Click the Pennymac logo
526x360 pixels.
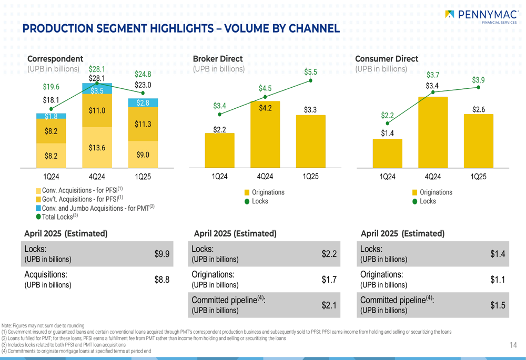[x=481, y=16]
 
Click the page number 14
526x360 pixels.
[x=513, y=345]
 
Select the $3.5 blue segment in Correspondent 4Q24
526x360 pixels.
[x=97, y=90]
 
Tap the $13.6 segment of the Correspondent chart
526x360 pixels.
[x=97, y=148]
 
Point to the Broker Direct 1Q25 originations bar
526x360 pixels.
[x=310, y=141]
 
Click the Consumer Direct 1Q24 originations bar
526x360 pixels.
[x=387, y=153]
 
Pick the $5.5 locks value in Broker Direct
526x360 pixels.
[x=310, y=72]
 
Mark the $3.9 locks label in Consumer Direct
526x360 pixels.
[x=478, y=80]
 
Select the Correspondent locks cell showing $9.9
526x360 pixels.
[x=161, y=254]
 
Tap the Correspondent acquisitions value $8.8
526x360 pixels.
[x=161, y=280]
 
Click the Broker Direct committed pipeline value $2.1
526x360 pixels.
[x=329, y=305]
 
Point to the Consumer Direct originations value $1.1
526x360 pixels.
[x=498, y=280]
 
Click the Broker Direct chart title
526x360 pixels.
[x=218, y=59]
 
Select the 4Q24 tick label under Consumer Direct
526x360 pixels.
[x=433, y=177]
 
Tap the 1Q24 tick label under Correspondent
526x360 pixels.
[x=51, y=177]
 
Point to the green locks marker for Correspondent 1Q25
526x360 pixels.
[x=143, y=93]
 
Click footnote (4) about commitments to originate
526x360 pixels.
[x=76, y=351]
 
